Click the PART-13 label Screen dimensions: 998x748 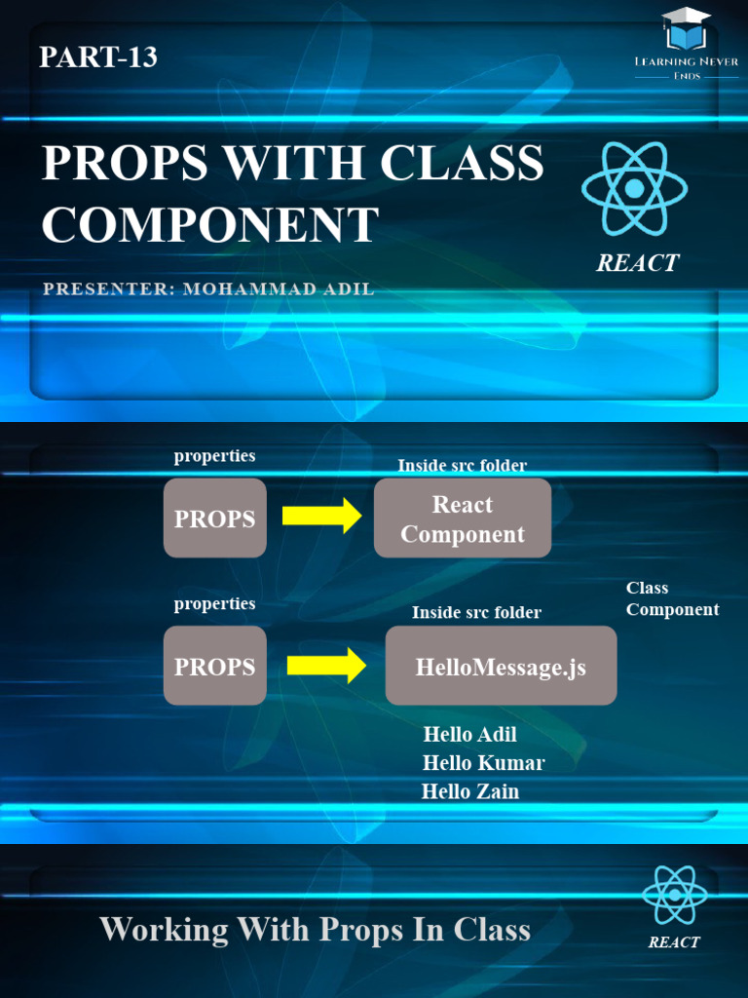tap(97, 58)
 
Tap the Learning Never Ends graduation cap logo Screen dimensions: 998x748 tap(686, 30)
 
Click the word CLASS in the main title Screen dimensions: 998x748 tap(462, 163)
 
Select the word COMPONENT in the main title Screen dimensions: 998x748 tap(209, 225)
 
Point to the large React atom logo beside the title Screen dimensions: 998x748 tap(634, 189)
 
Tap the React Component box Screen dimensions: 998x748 tap(463, 518)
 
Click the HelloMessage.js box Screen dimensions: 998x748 tap(501, 667)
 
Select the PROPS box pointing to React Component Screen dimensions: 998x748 tap(214, 518)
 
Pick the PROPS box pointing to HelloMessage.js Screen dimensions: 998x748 tap(214, 667)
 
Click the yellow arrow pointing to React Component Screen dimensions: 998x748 tap(321, 516)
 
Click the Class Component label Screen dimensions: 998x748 tap(672, 598)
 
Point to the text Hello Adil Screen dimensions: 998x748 tap(469, 734)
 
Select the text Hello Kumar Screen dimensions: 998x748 tap(483, 762)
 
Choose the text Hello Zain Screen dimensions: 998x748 tap(470, 791)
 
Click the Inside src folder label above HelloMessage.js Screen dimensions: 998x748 tap(476, 612)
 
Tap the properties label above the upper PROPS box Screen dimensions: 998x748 tap(214, 456)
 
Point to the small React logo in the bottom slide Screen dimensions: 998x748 tap(674, 896)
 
